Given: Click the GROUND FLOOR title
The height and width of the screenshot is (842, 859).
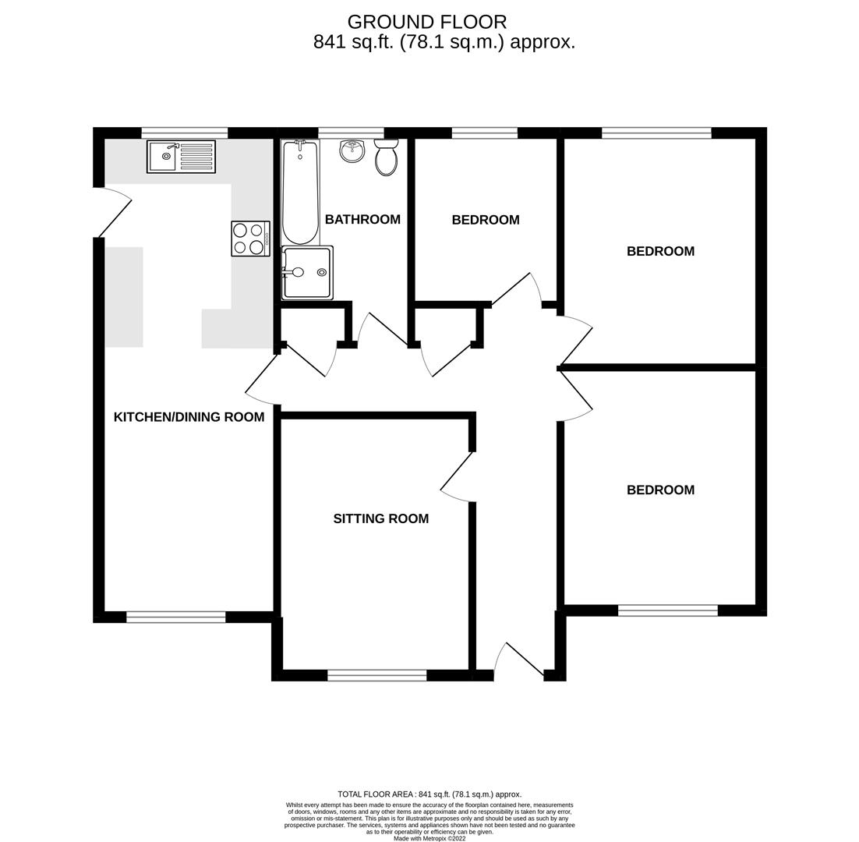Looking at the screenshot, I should (x=426, y=22).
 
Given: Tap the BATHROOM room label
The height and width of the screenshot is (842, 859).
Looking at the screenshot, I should (x=362, y=220).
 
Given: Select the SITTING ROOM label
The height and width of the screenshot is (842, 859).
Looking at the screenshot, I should (x=380, y=518).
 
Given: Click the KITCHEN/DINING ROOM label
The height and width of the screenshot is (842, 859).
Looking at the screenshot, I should (x=189, y=417).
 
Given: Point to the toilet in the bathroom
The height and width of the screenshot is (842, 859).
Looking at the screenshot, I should (x=386, y=158).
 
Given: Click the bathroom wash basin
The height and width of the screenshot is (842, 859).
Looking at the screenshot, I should (x=352, y=150).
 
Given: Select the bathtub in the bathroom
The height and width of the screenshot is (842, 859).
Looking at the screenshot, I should (x=300, y=191).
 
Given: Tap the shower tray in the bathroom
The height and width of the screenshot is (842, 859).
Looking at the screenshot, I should (x=307, y=273).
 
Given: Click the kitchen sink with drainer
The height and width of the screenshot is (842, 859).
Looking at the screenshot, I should (x=181, y=157).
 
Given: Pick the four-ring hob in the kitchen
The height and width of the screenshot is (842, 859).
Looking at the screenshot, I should (x=250, y=239).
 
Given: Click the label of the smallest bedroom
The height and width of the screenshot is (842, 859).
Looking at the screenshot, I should (x=485, y=220).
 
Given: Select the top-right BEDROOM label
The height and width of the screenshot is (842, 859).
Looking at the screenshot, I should (x=660, y=251).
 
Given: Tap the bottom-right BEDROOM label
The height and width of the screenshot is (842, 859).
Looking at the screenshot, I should (x=660, y=490).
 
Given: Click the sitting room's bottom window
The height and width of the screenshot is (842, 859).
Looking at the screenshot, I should (x=376, y=675).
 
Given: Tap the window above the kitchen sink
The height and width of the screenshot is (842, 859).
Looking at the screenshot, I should (x=185, y=133).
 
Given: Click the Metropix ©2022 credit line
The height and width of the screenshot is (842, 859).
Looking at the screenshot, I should (x=429, y=838).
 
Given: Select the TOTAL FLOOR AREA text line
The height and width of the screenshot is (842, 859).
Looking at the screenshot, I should (x=429, y=794).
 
